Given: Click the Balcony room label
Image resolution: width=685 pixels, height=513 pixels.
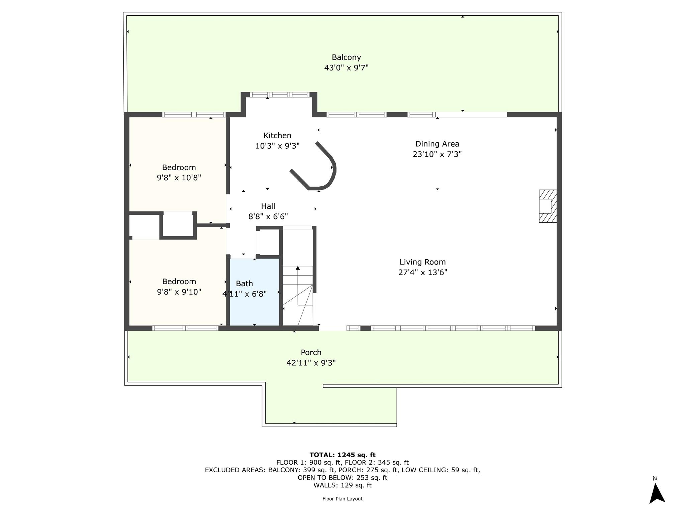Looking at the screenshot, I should [346, 57].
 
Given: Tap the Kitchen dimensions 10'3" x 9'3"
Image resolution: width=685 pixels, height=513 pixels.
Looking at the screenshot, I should [277, 146].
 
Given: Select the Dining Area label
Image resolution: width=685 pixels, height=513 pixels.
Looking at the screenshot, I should [437, 144].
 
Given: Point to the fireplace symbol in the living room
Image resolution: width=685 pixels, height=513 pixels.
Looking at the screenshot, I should [548, 206].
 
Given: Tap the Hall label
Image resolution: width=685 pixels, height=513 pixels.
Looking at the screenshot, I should [268, 206].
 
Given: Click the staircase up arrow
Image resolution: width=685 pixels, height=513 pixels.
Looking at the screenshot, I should [298, 268].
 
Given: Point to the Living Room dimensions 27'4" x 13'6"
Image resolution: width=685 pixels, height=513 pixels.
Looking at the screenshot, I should [422, 273].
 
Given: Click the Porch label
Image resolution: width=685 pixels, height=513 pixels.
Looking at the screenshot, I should [311, 352].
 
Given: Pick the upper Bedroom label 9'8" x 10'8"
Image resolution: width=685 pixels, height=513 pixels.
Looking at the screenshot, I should [179, 167].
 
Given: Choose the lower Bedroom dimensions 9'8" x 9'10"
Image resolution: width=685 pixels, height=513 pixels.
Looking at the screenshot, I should [179, 292].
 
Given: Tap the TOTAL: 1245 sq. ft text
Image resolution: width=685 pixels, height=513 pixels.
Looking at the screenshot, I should [342, 455].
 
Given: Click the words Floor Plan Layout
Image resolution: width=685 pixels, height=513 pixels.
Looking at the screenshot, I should [342, 499].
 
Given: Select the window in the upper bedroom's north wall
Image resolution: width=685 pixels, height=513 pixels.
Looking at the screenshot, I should [194, 115].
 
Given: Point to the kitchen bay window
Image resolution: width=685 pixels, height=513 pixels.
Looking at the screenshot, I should [280, 95].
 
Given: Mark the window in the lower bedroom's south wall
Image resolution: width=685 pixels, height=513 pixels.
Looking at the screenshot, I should [185, 328].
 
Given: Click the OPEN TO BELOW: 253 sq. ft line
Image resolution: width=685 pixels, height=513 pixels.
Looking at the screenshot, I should [342, 478].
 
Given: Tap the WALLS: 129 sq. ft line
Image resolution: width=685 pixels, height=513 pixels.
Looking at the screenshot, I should [342, 485].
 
